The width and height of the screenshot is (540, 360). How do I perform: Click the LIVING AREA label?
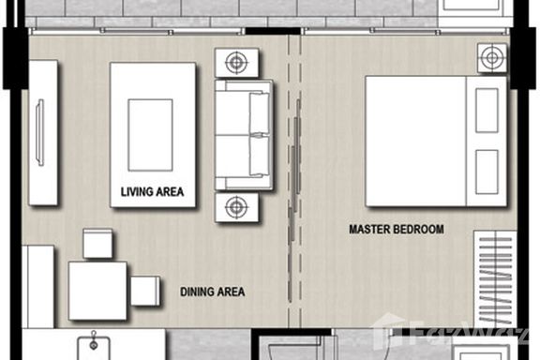152,192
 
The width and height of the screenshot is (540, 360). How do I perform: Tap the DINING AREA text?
213,292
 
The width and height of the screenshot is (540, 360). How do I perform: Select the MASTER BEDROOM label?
397,229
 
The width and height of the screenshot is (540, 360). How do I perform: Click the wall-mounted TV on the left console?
40,132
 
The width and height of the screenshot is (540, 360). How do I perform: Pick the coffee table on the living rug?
150,135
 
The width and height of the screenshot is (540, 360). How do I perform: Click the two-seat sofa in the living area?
244,135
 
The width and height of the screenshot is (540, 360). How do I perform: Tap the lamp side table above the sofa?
236,63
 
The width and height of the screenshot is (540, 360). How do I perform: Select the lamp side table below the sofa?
236,207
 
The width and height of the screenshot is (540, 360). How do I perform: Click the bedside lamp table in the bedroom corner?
492,58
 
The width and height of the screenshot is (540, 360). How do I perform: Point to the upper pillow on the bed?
487,111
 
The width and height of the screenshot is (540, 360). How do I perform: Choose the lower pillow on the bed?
487,172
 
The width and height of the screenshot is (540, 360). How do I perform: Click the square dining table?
97,291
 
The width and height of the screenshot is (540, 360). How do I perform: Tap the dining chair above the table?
97,244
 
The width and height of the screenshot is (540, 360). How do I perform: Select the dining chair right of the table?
145,291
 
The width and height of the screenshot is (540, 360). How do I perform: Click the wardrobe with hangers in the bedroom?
495,279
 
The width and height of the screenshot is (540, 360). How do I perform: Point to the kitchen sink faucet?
94,340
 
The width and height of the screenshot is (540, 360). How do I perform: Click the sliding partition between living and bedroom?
293,201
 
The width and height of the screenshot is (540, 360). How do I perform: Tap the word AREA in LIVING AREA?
168,192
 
